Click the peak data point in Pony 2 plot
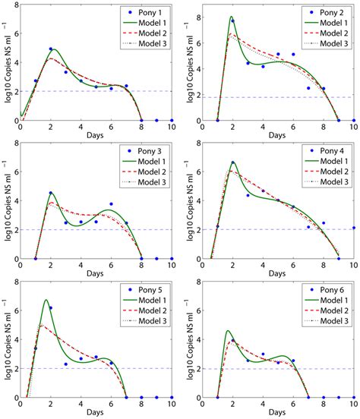tap(232, 20)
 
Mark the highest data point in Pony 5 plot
tap(51, 308)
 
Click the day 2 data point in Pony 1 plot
tap(51, 49)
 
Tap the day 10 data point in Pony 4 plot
tap(353, 228)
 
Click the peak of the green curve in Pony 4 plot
tap(233, 162)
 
